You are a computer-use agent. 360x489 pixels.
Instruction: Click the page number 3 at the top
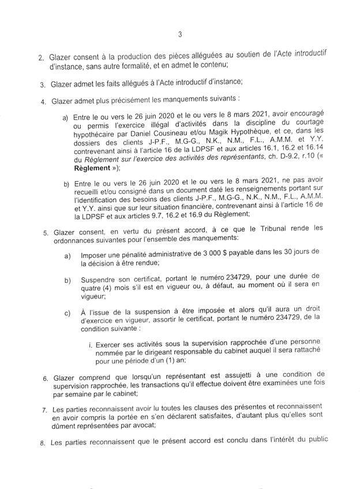181,34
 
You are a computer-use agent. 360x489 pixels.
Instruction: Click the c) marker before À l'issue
67,314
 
